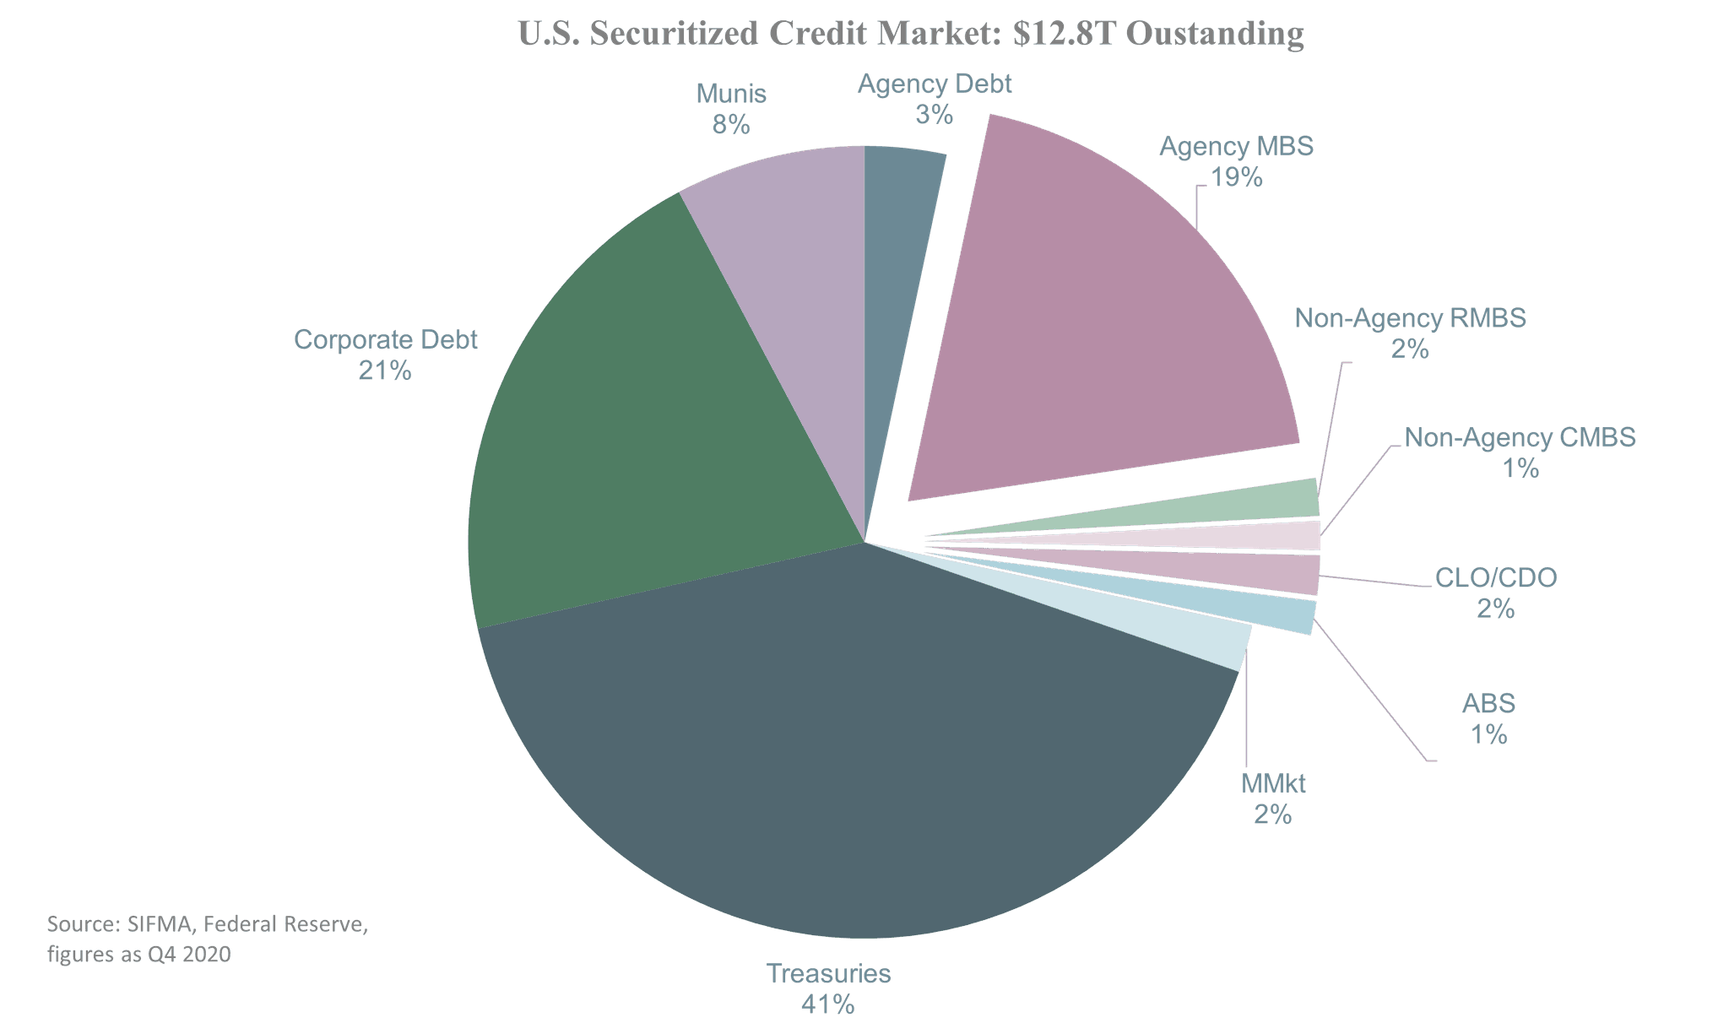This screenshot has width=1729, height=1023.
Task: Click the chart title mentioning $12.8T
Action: (x=910, y=34)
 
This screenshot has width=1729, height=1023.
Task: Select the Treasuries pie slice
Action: (x=844, y=743)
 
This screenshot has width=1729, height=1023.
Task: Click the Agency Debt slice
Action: (x=899, y=253)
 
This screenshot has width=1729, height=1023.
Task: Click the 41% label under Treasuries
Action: (x=827, y=1004)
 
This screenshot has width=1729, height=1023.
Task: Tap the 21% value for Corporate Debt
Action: (x=385, y=371)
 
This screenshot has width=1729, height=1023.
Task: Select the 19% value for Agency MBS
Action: (x=1236, y=177)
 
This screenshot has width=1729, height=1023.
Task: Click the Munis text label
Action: (x=731, y=94)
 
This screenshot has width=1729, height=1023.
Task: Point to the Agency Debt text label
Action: (x=935, y=84)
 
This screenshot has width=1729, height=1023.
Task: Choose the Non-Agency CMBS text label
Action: (x=1520, y=437)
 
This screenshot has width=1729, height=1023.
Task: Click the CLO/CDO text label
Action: (x=1495, y=577)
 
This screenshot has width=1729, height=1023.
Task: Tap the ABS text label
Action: (x=1488, y=703)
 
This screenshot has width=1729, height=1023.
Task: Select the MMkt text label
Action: (x=1273, y=783)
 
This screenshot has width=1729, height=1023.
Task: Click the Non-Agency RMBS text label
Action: (x=1410, y=318)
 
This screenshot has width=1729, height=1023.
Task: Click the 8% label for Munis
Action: (x=731, y=125)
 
